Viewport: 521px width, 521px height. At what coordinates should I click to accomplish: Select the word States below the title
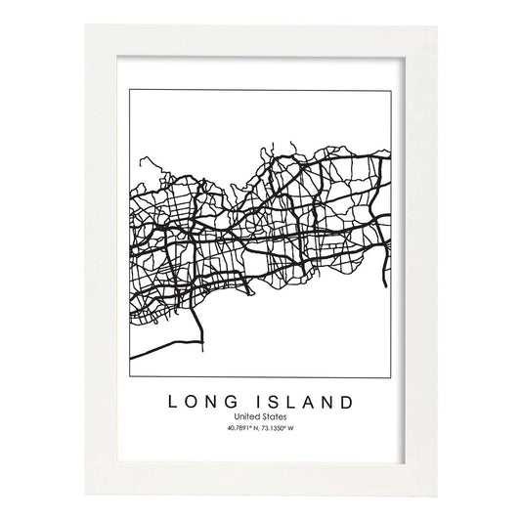click(274, 416)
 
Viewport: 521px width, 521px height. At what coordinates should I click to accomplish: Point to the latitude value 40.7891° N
click(240, 427)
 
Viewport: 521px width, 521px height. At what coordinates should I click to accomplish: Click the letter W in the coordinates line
click(293, 427)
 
